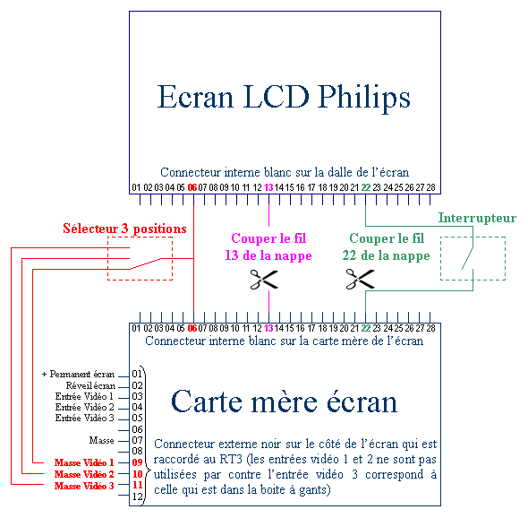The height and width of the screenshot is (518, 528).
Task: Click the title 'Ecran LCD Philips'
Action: [x=284, y=98]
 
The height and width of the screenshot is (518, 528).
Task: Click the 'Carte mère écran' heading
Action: [x=285, y=401]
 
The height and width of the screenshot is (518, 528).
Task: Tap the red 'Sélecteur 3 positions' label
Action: [x=124, y=229]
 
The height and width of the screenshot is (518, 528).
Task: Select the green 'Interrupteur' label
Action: [x=477, y=218]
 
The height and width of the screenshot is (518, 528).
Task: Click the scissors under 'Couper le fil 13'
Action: [x=264, y=280]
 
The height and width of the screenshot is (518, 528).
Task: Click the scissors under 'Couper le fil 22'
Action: [x=360, y=280]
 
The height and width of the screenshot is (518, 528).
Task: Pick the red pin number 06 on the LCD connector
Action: [x=192, y=187]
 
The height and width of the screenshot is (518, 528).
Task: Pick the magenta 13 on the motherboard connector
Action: [x=268, y=328]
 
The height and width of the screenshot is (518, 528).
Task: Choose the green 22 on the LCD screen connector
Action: [x=366, y=187]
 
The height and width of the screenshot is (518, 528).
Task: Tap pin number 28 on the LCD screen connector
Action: [x=430, y=187]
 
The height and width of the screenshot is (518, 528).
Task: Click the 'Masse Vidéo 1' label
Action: [x=84, y=462]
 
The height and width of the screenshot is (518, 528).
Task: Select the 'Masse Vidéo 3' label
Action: [x=84, y=486]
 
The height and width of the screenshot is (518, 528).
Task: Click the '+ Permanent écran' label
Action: [x=78, y=374]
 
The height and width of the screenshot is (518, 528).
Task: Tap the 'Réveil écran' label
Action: [x=90, y=385]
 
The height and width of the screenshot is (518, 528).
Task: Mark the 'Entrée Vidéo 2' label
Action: [x=84, y=407]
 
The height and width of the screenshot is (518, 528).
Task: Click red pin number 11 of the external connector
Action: [x=138, y=485]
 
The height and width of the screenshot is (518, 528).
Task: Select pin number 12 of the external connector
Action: [x=138, y=496]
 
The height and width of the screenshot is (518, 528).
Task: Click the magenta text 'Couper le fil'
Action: [x=268, y=238]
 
